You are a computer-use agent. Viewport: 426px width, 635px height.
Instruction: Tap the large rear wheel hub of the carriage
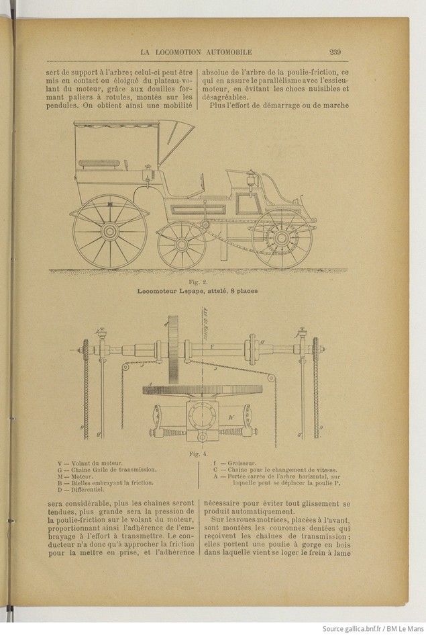tap(110, 230)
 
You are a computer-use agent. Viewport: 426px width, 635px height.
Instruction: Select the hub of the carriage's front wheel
tap(281, 239)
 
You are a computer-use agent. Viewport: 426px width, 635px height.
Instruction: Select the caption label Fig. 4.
tap(199, 452)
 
